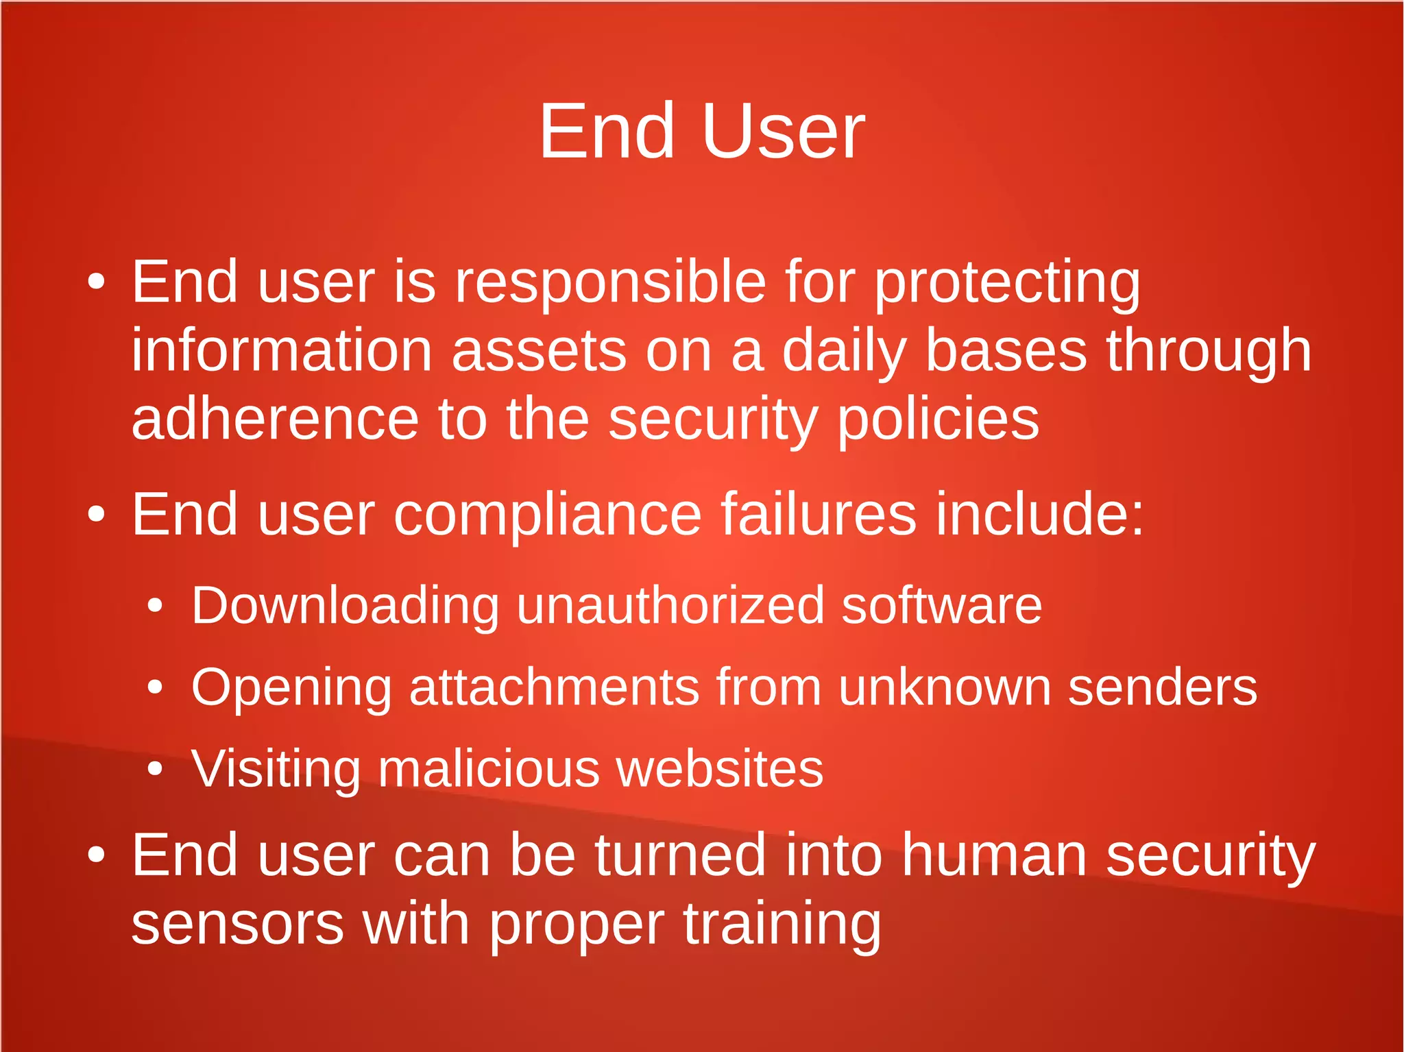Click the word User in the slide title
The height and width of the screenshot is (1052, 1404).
click(x=783, y=132)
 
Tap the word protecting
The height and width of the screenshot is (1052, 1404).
click(x=1007, y=282)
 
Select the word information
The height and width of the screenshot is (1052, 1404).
click(x=282, y=351)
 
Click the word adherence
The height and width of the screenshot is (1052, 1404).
click(x=275, y=419)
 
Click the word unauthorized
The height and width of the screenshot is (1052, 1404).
click(x=670, y=606)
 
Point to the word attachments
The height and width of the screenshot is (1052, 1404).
click(x=554, y=687)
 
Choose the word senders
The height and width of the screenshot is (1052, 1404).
click(x=1163, y=687)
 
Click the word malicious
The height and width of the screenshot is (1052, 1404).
click(x=488, y=769)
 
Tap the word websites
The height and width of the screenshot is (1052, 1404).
click(x=719, y=769)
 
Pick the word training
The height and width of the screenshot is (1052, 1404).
click(x=782, y=925)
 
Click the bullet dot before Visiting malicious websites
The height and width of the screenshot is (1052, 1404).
click(x=156, y=769)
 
